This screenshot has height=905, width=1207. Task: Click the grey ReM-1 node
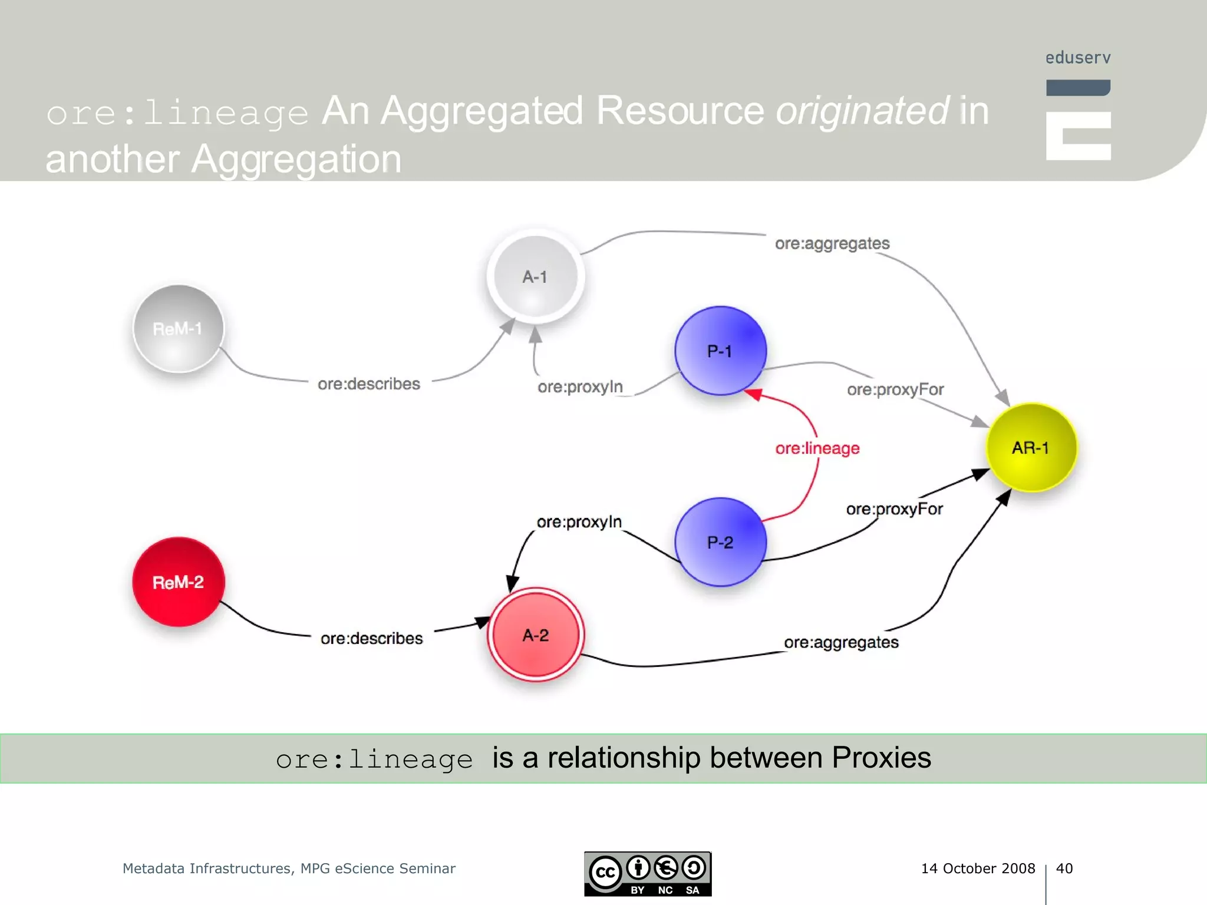(x=178, y=329)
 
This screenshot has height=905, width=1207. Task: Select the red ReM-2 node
(x=178, y=582)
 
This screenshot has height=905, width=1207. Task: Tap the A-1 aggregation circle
(x=535, y=276)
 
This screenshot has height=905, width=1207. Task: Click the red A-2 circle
(x=535, y=635)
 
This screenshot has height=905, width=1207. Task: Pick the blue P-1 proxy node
(x=720, y=351)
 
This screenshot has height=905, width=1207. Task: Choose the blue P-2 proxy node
(x=720, y=542)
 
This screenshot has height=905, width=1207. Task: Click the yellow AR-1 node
(x=1031, y=447)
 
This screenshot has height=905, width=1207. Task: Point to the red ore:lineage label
(x=817, y=448)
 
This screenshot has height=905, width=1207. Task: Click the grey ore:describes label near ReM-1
(x=369, y=384)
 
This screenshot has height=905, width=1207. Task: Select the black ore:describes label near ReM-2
(x=371, y=638)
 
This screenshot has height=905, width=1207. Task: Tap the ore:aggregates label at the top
(x=832, y=243)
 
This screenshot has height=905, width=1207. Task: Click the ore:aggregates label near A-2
(x=841, y=642)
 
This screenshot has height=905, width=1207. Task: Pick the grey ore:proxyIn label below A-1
(x=580, y=387)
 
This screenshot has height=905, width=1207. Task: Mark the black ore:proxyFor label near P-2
(x=894, y=509)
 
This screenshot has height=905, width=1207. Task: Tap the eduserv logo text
(x=1078, y=58)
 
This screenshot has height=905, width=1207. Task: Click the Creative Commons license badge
(x=647, y=874)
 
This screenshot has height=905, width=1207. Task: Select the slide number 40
(x=1064, y=868)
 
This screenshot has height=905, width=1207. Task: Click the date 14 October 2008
(x=978, y=868)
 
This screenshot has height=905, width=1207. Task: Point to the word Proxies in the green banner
(x=880, y=758)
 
